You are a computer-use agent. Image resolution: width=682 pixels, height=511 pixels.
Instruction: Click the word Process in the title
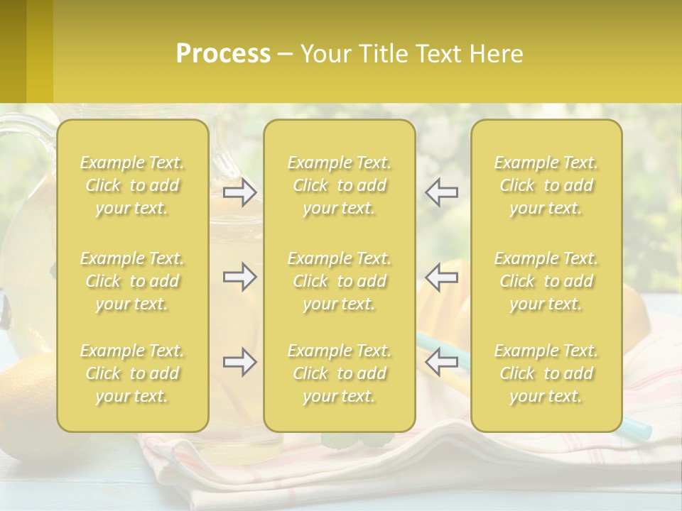[x=223, y=54]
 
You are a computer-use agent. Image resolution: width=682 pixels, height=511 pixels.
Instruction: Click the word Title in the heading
[x=381, y=54]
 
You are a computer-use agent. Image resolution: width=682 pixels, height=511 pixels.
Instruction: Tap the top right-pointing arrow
[x=239, y=192]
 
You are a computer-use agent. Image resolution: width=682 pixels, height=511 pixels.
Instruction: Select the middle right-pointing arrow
[x=239, y=277]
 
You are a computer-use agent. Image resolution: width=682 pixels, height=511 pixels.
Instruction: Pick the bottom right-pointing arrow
[x=239, y=362]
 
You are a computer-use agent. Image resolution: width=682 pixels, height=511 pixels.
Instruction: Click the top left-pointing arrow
[x=442, y=192]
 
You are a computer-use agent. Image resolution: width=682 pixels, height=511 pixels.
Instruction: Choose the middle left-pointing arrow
[x=442, y=277]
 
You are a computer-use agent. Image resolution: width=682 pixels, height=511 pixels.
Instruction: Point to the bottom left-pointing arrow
[x=442, y=362]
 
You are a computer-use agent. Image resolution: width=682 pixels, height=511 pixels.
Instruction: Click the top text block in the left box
[x=132, y=185]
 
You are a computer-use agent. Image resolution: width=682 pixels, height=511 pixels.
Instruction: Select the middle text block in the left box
[x=132, y=281]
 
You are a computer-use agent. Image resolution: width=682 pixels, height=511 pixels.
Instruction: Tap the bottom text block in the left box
[x=132, y=373]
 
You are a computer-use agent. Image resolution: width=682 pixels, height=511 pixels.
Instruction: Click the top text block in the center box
[x=339, y=185]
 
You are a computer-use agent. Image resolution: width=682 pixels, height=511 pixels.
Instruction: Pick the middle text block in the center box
[x=339, y=281]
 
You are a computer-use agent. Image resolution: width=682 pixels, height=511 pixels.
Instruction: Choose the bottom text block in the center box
[x=339, y=373]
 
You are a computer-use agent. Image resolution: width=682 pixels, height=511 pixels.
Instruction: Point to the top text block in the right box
[x=546, y=185]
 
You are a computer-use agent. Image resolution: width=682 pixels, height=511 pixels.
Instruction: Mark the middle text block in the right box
[x=546, y=281]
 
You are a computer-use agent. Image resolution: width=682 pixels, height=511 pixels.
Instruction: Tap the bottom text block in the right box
[x=546, y=373]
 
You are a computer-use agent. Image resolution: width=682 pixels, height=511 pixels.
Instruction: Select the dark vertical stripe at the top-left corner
[x=13, y=51]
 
